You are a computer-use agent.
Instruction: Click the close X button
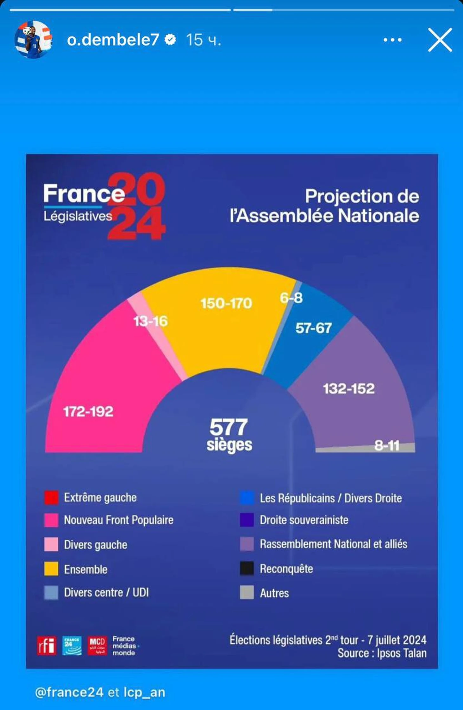pyautogui.click(x=440, y=40)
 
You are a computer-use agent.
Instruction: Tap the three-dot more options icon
pyautogui.click(x=392, y=40)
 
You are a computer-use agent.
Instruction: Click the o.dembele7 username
pyautogui.click(x=113, y=40)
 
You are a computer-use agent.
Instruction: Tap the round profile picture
pyautogui.click(x=33, y=40)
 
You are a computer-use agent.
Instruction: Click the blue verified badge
pyautogui.click(x=171, y=40)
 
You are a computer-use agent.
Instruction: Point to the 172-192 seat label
pyautogui.click(x=88, y=412)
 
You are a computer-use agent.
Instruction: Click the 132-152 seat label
pyautogui.click(x=349, y=389)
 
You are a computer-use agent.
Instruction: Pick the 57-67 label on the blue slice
pyautogui.click(x=313, y=328)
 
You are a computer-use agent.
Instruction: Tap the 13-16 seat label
pyautogui.click(x=150, y=321)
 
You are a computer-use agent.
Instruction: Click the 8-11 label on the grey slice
pyautogui.click(x=387, y=446)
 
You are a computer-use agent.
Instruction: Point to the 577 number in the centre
pyautogui.click(x=228, y=427)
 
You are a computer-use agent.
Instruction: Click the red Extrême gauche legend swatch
pyautogui.click(x=51, y=497)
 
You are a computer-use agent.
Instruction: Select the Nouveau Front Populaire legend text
pyautogui.click(x=119, y=520)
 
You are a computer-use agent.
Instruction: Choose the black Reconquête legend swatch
pyautogui.click(x=247, y=568)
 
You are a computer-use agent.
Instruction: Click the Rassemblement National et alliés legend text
pyautogui.click(x=333, y=544)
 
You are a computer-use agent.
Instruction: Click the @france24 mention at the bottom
pyautogui.click(x=69, y=692)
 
